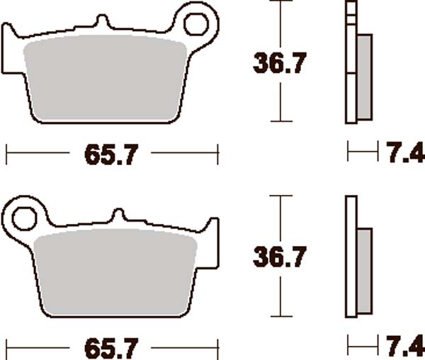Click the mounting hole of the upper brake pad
tap(195, 23)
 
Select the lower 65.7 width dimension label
tap(110, 348)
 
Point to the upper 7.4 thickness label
tap(404, 152)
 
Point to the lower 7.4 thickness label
tap(404, 347)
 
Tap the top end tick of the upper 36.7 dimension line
tap(282, 2)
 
